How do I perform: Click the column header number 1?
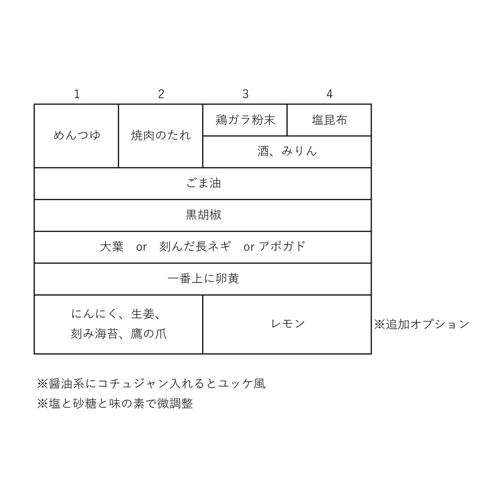(x=77, y=94)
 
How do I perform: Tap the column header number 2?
(x=161, y=94)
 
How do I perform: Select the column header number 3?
(x=246, y=94)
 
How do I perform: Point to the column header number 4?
(x=329, y=94)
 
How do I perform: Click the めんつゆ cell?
(x=76, y=136)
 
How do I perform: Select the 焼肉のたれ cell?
(x=161, y=136)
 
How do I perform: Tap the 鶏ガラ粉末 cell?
(x=245, y=120)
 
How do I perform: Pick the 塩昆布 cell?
(x=329, y=120)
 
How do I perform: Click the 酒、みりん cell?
(x=287, y=152)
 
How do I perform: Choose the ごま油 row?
(x=203, y=183)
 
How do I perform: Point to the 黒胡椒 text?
(x=203, y=215)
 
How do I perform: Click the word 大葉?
(x=112, y=247)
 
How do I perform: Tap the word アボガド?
(x=282, y=247)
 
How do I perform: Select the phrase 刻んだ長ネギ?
(x=195, y=247)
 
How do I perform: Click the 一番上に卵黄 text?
(x=203, y=279)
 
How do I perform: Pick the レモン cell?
(x=287, y=325)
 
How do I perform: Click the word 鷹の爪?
(x=149, y=334)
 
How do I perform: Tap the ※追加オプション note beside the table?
(x=422, y=325)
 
